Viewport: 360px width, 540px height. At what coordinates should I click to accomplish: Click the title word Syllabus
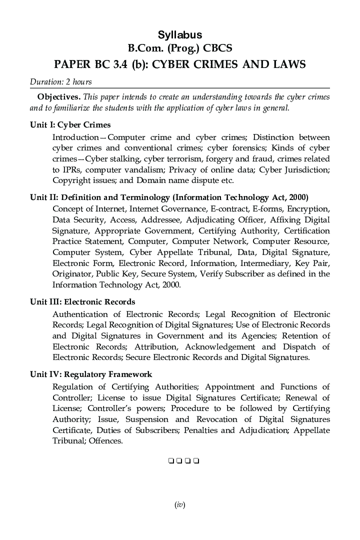tap(180, 35)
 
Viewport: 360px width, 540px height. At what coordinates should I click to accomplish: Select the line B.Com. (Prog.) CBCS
tap(180, 48)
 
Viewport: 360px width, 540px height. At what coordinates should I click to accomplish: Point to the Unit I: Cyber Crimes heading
tap(70, 124)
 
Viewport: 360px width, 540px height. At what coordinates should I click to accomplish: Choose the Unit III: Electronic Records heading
tap(82, 301)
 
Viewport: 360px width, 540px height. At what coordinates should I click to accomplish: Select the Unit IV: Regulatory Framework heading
tap(91, 374)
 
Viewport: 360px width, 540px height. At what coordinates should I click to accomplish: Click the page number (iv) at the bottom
tap(180, 505)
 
